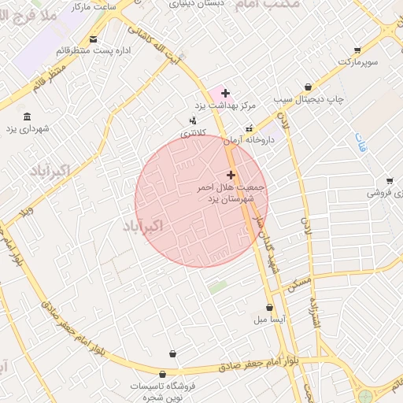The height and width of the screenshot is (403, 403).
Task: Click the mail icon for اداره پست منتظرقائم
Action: [94, 39]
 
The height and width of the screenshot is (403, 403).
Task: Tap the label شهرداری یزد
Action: [28, 128]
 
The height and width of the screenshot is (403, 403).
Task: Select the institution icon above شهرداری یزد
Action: [28, 116]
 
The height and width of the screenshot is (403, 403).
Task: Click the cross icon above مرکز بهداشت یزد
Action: [225, 93]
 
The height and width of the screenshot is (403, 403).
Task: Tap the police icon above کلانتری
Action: [193, 120]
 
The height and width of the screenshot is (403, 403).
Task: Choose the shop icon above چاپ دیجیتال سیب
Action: [308, 87]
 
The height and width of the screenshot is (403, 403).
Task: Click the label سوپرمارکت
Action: [359, 61]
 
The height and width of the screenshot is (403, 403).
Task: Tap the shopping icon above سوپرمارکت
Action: [358, 49]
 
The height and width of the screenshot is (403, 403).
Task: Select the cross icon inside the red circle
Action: [231, 175]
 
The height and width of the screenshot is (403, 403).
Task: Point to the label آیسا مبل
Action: [270, 320]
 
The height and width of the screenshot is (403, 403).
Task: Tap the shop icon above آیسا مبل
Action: [270, 308]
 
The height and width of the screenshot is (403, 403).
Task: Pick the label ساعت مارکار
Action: [94, 6]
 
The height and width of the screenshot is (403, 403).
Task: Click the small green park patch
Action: [218, 287]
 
